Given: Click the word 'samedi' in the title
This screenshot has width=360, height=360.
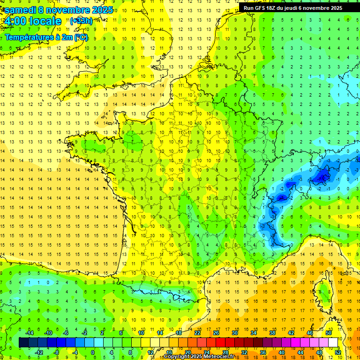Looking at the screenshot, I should pyautogui.click(x=20, y=10).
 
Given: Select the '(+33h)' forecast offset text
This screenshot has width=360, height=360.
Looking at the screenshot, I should pyautogui.click(x=81, y=21).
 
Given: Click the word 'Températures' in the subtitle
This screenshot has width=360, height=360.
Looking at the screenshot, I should pyautogui.click(x=28, y=37).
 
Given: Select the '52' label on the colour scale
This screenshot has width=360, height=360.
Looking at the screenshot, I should pyautogui.click(x=337, y=352).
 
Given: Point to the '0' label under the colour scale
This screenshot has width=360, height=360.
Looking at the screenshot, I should pyautogui.click(x=92, y=352).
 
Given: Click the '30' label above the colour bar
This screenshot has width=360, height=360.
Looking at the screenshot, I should pyautogui.click(x=234, y=333).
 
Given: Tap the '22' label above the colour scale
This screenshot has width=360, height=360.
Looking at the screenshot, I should pyautogui.click(x=197, y=333).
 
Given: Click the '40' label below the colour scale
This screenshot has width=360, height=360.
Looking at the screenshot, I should pyautogui.click(x=281, y=352).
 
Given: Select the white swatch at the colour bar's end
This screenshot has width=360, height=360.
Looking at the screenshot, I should pyautogui.click(x=333, y=343).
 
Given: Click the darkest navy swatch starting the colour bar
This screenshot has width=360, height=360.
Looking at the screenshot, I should pyautogui.click(x=23, y=343).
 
